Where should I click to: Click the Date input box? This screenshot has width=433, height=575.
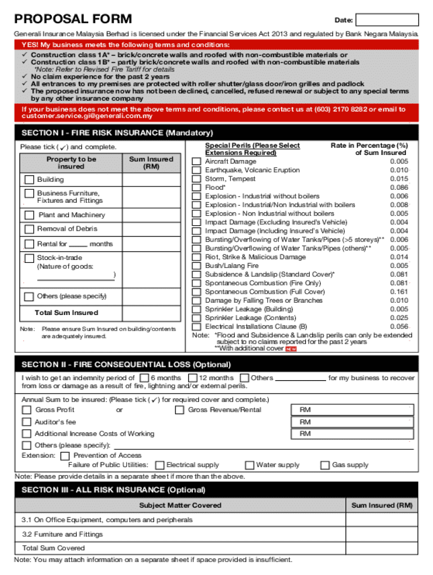pos(386,20)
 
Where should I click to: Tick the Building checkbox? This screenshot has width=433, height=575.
pos(29,180)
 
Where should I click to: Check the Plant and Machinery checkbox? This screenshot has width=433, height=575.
pos(29,215)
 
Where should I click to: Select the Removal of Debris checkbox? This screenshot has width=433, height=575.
pos(29,229)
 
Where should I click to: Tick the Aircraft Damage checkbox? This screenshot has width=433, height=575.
pos(196,162)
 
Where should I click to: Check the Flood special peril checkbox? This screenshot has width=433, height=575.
pos(196,188)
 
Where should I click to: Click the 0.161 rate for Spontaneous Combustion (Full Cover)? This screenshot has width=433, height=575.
pos(399,292)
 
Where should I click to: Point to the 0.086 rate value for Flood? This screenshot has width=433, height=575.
pos(399,188)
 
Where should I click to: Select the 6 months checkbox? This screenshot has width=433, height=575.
pos(144,378)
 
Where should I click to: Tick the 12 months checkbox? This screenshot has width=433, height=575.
pos(193,378)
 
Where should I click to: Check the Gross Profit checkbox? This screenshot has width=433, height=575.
pos(26,410)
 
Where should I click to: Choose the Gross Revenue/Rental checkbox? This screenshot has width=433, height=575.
pos(179,410)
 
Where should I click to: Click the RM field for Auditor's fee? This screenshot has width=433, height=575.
pos(354,422)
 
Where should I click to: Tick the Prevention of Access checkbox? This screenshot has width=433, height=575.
pos(65,456)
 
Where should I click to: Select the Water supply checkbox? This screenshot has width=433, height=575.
pos(250,465)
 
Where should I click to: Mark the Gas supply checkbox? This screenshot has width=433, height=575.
pos(325,465)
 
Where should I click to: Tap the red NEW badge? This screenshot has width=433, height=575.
pos(291,349)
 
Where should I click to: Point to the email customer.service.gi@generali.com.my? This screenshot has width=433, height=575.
pos(87,116)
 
